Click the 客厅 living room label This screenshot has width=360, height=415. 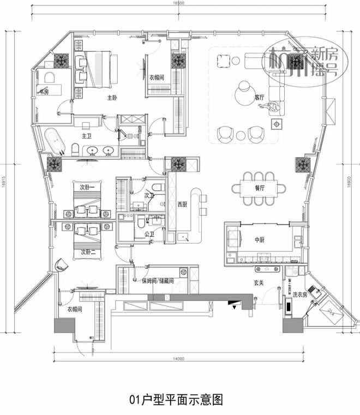(x=259, y=98)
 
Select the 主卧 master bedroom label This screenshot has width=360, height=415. (x=112, y=98)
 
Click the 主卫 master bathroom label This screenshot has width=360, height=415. (x=87, y=135)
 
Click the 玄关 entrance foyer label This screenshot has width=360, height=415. (x=259, y=282)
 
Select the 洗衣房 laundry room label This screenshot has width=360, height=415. (x=300, y=295)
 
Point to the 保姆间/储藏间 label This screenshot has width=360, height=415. (x=158, y=281)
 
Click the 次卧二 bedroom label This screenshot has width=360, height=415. (x=88, y=252)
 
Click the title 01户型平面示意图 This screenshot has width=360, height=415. (x=180, y=399)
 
